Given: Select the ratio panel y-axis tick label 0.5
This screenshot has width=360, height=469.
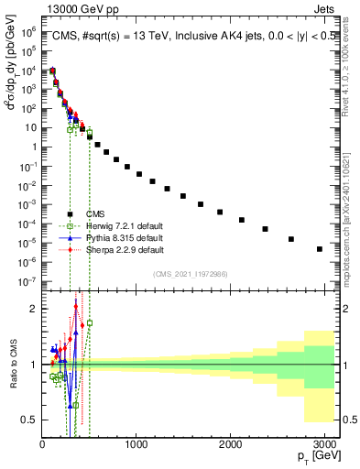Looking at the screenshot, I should pos(29,420).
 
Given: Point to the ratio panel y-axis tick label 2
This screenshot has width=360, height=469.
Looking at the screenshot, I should pos(34,309).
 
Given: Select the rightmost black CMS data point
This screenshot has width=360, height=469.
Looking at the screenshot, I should pos(319,248).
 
